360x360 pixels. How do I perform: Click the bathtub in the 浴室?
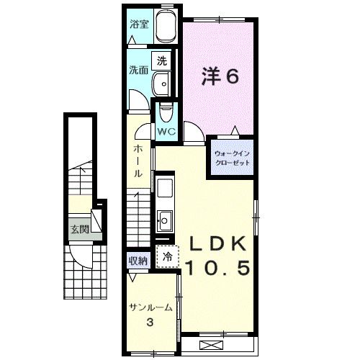pos(166,26)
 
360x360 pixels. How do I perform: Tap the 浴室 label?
pos(140,24)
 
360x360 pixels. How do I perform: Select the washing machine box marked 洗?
pos(161,61)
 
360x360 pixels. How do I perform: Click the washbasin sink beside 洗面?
pos(161,84)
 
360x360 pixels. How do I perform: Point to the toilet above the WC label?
pos(166,113)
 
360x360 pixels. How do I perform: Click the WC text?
pos(166,132)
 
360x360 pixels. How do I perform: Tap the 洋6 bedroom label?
pos(220,76)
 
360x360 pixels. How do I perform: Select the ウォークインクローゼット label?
pos(233,158)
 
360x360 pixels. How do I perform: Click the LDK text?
pos(217,243)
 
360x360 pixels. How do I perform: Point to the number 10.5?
pos(218,268)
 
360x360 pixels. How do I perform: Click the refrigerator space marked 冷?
pos(168,257)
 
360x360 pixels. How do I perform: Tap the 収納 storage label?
pos(138,261)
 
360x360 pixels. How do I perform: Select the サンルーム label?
pos(150,307)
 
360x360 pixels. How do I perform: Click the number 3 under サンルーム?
pos(150,322)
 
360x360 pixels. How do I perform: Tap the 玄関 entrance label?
pos(79,230)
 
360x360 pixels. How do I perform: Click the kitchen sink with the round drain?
pos(165,220)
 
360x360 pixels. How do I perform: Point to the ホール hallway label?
pos(138,161)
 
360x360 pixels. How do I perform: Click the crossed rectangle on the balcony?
pos(212,346)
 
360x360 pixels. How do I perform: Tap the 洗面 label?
pos(139,70)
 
